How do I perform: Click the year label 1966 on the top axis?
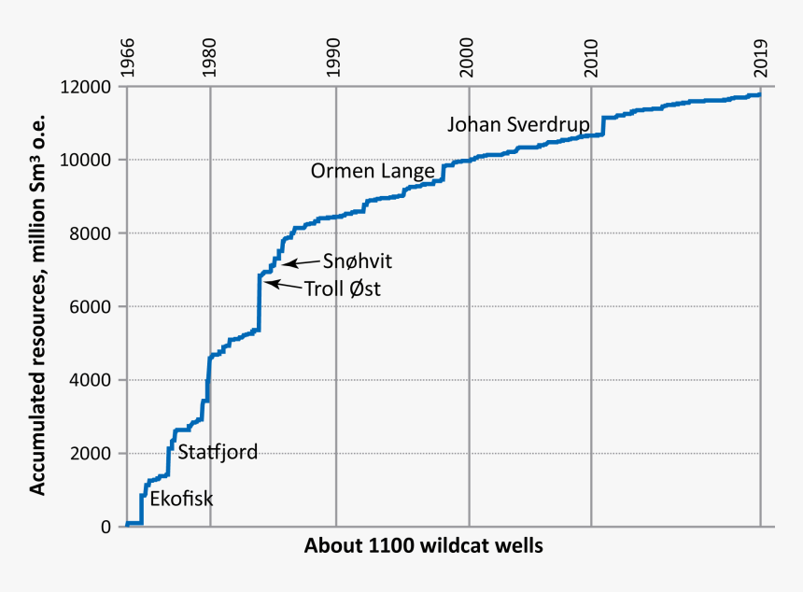(127, 58)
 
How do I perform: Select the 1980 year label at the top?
(211, 58)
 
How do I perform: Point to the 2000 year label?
(470, 58)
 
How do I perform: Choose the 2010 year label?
(591, 58)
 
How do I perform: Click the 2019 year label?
(761, 58)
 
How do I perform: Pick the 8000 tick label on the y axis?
(92, 233)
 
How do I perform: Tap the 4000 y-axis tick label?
(92, 380)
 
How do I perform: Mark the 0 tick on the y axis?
(106, 527)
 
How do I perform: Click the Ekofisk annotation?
(181, 499)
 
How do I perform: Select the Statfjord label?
(217, 453)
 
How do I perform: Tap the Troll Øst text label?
(343, 289)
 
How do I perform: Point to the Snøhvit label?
(351, 261)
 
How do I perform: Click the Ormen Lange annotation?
(373, 171)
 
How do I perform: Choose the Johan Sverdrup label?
(517, 124)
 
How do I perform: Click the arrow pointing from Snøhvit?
(301, 263)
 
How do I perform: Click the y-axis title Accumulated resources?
(38, 307)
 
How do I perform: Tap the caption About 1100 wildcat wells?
(423, 545)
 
